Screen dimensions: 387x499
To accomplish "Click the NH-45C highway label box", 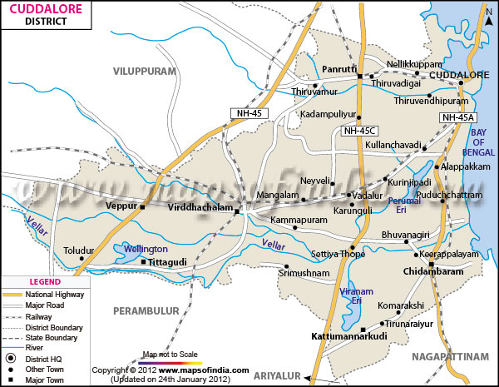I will tap(359, 131).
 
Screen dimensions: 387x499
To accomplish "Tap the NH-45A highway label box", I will tap(457, 118).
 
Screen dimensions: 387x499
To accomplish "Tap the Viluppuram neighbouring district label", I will tap(146, 72).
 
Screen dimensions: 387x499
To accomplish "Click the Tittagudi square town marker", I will tap(143, 262).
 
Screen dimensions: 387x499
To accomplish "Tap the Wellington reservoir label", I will tap(146, 249).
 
